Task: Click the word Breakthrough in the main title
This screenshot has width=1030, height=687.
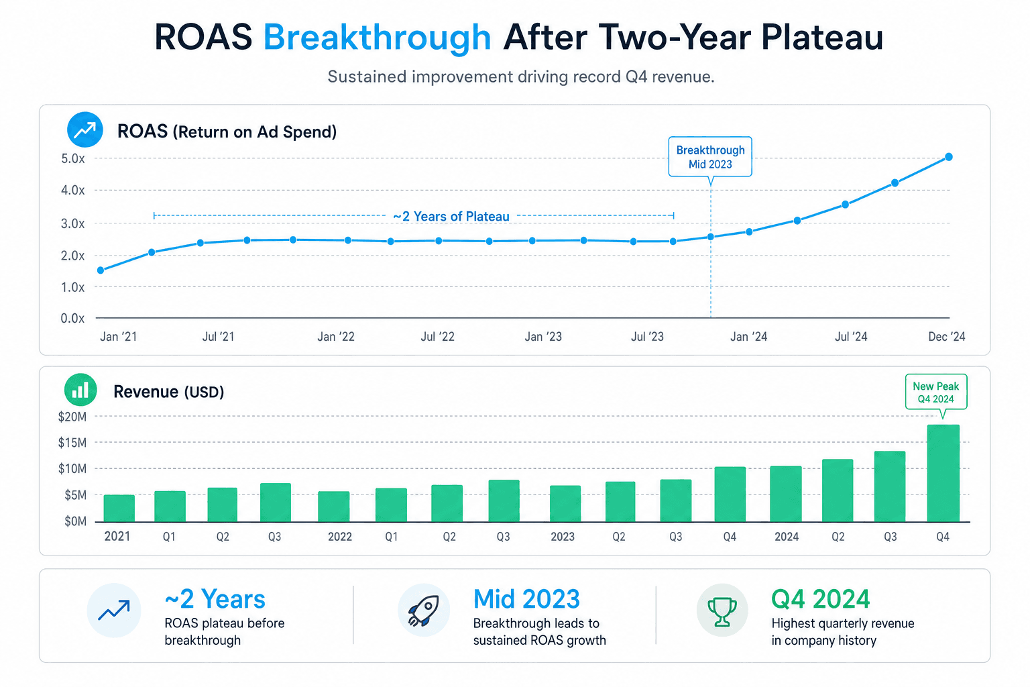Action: (x=377, y=38)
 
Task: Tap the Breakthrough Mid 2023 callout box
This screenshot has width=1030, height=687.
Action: (x=710, y=157)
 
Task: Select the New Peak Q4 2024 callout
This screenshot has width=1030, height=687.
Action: (x=935, y=392)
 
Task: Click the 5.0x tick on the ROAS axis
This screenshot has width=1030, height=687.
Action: (x=73, y=159)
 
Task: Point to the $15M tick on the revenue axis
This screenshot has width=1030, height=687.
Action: (x=72, y=443)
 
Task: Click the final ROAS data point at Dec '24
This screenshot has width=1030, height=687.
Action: (x=949, y=157)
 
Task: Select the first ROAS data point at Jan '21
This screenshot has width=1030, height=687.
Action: (x=101, y=270)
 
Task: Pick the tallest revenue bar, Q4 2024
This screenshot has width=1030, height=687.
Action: (x=943, y=473)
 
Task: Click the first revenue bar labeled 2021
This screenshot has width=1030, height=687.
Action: (x=119, y=508)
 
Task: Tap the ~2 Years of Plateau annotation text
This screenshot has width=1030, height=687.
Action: (x=451, y=216)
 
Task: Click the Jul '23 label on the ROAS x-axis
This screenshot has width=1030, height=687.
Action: (x=647, y=337)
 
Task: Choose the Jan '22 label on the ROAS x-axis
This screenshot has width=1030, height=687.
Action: (x=336, y=337)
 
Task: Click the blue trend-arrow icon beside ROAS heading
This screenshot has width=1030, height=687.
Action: (x=85, y=129)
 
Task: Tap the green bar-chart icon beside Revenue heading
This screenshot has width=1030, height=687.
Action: (x=80, y=390)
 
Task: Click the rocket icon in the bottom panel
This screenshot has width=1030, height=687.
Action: (x=424, y=610)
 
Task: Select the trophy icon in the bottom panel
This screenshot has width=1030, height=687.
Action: (x=722, y=610)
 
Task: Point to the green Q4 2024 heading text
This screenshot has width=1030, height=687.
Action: (x=820, y=599)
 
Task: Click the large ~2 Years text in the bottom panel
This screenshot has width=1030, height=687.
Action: (x=215, y=599)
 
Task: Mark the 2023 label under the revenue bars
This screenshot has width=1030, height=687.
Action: (x=563, y=537)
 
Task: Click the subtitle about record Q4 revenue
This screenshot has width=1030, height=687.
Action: (x=521, y=76)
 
